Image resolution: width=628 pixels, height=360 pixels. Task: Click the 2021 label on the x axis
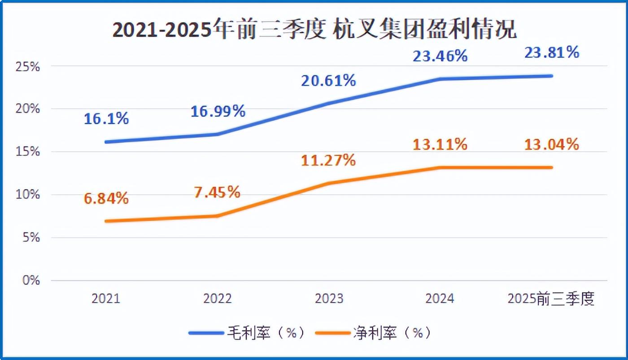(x=106, y=299)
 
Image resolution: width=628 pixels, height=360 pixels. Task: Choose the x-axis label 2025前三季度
(x=551, y=299)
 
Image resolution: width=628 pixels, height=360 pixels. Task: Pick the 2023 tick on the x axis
(x=329, y=299)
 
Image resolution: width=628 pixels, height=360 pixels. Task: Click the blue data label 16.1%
(x=106, y=119)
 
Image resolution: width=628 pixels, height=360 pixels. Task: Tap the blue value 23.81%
(x=551, y=53)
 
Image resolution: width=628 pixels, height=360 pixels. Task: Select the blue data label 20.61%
(x=329, y=81)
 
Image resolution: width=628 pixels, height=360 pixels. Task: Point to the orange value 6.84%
(x=106, y=198)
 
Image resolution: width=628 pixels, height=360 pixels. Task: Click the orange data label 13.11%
(x=440, y=145)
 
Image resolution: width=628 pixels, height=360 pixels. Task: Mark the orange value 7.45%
(x=218, y=193)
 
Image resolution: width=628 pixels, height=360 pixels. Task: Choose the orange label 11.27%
(x=329, y=160)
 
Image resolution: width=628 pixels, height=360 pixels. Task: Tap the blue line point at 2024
(x=440, y=79)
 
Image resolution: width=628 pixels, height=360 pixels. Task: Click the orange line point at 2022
(x=218, y=216)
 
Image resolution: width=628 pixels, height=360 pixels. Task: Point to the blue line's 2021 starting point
(x=106, y=142)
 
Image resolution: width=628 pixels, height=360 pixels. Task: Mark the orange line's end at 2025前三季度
(x=551, y=167)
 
